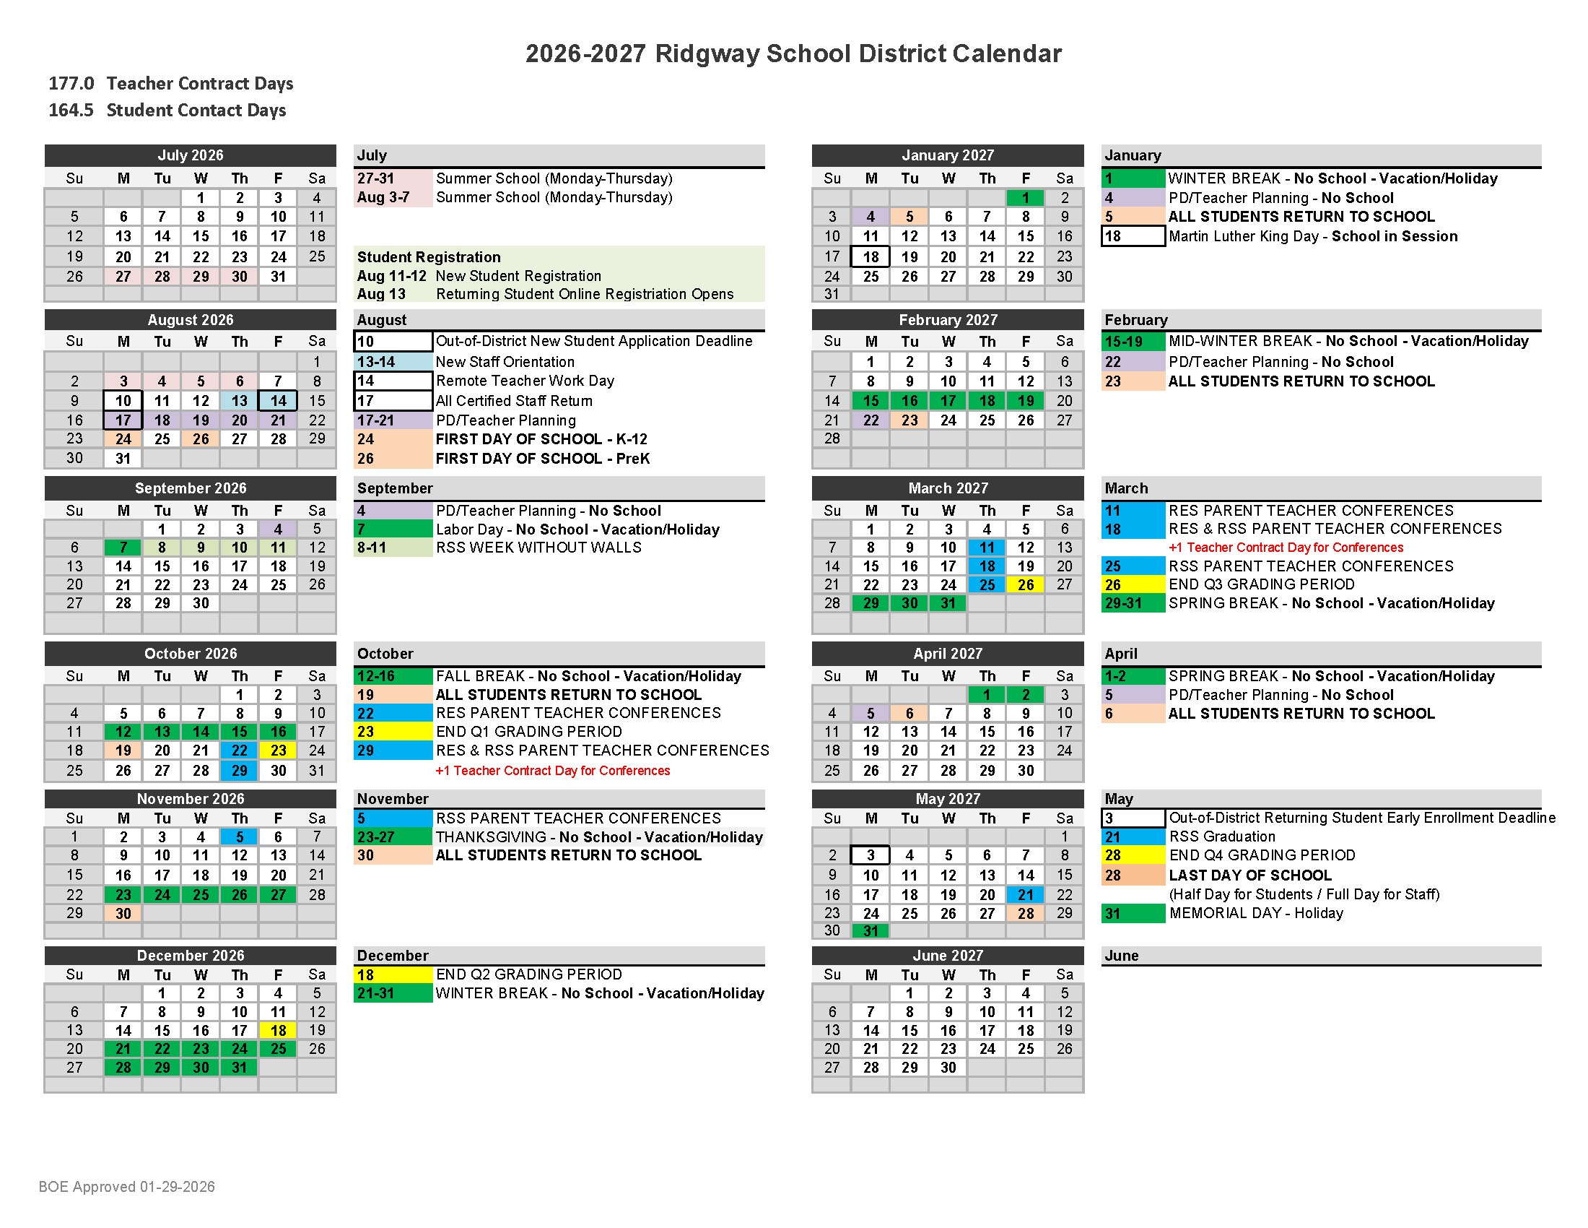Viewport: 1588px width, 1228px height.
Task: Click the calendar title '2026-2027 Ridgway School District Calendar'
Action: click(x=793, y=54)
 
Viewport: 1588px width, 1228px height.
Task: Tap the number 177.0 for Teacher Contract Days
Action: click(x=71, y=84)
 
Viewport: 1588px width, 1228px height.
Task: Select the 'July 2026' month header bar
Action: click(x=191, y=155)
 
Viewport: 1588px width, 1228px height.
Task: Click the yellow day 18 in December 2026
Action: click(x=279, y=1030)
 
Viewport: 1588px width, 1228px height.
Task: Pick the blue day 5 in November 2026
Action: click(x=239, y=836)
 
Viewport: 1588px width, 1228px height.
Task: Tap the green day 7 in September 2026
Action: click(x=123, y=548)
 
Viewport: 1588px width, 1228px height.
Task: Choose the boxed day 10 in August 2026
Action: click(x=123, y=401)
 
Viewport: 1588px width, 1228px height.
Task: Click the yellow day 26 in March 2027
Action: click(x=1025, y=585)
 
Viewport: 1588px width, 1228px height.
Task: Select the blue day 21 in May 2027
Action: click(x=1025, y=895)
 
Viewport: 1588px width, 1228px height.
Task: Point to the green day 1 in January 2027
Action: click(x=1025, y=198)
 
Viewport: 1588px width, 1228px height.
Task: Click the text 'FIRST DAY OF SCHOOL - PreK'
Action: click(x=542, y=458)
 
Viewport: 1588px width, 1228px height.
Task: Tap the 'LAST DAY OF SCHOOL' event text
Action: click(x=1250, y=875)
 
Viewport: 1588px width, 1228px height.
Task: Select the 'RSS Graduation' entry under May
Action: click(x=1221, y=836)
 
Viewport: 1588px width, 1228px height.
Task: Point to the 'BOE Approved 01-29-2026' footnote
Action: click(x=126, y=1187)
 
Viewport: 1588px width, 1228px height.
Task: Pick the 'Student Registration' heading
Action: click(x=429, y=257)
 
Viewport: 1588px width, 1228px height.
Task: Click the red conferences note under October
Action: click(x=553, y=771)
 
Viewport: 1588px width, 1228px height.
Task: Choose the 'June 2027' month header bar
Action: click(x=948, y=955)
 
